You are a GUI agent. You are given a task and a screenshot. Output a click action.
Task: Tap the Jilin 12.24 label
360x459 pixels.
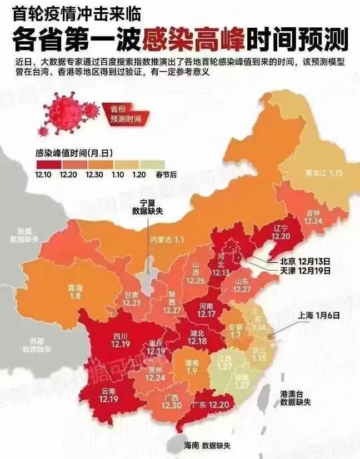[313, 216]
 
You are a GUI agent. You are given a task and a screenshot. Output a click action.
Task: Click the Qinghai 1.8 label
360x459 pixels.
[75, 292]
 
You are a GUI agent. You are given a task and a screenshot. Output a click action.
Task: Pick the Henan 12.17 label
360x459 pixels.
[207, 310]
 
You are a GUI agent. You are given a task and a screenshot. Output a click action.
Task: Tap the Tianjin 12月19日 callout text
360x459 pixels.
[298, 271]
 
